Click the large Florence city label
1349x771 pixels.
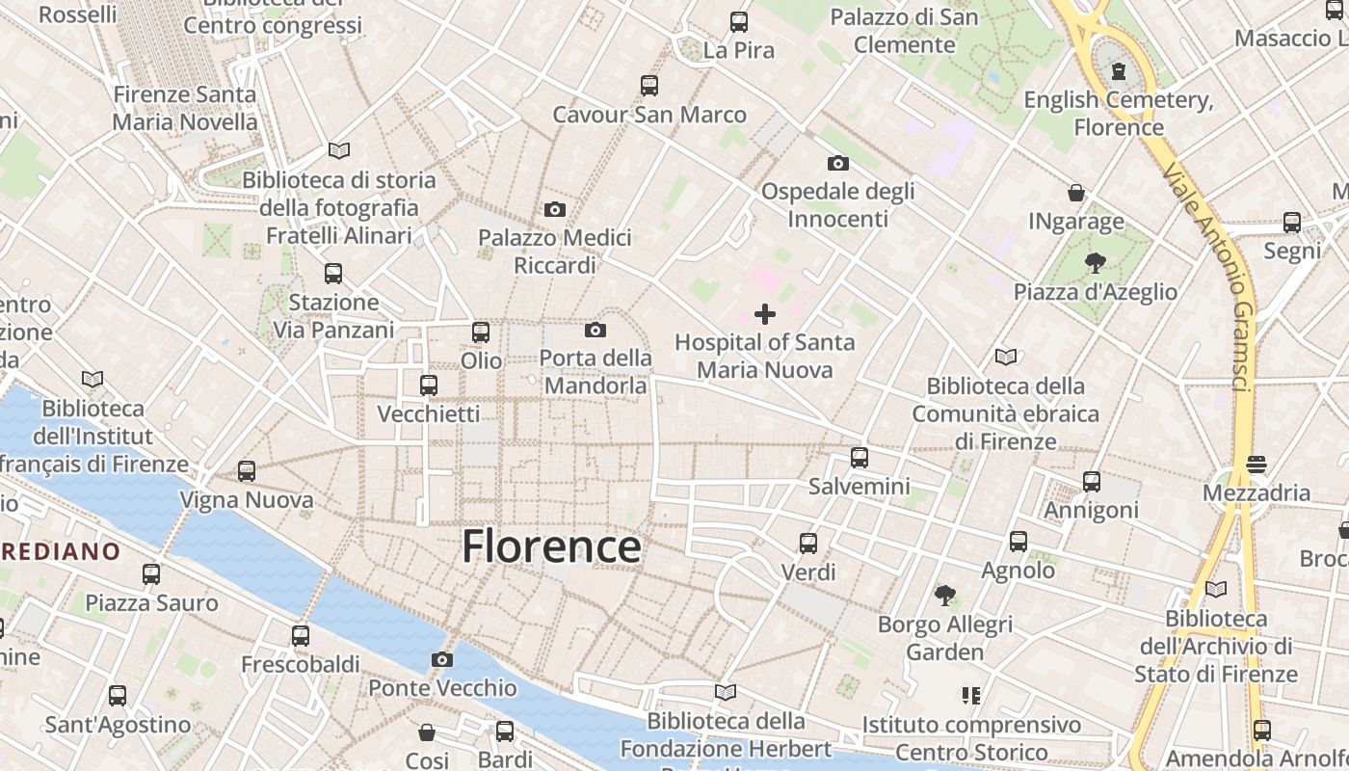551,546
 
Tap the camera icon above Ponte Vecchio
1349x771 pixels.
442,660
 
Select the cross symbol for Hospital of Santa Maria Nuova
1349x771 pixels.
765,314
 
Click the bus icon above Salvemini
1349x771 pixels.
860,458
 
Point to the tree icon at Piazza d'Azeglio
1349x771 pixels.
1095,262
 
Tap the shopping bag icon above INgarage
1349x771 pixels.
1076,193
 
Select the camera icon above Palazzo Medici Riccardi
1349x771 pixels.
555,209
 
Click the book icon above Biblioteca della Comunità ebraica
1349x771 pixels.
1006,358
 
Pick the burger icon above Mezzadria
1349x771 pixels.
1256,465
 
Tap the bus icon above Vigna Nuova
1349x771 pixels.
247,471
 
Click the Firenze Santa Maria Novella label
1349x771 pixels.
185,108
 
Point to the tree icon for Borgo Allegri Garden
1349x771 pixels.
945,596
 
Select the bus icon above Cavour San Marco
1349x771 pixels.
649,86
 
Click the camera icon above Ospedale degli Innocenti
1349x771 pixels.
838,163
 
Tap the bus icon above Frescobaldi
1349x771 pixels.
301,636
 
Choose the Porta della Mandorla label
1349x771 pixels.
595,372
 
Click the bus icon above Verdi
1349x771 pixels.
808,544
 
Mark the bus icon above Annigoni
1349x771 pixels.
1092,482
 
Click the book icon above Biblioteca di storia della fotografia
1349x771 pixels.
339,150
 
